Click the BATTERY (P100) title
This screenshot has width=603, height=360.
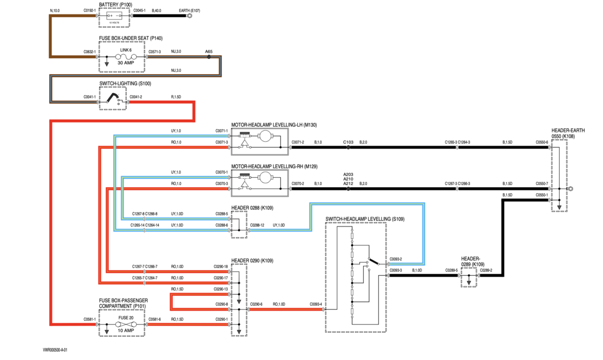(116, 4)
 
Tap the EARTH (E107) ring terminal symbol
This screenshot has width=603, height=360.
(189, 16)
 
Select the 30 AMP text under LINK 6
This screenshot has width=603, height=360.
(126, 63)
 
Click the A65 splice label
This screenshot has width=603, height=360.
(208, 52)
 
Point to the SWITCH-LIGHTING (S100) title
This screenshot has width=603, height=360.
(125, 84)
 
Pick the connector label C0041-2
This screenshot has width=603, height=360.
(136, 97)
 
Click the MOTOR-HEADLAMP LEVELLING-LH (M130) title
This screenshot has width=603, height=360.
(274, 125)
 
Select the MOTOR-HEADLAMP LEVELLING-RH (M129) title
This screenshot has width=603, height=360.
(274, 166)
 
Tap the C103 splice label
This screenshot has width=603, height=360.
(348, 142)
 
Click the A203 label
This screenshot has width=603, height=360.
(348, 174)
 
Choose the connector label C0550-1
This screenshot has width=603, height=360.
(542, 195)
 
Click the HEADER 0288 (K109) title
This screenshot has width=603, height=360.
(252, 208)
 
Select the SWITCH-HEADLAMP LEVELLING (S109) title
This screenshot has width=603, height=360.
(365, 219)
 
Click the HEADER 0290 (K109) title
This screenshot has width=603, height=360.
(252, 260)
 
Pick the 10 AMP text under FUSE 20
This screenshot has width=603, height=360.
(126, 331)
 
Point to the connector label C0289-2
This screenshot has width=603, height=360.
(486, 270)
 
